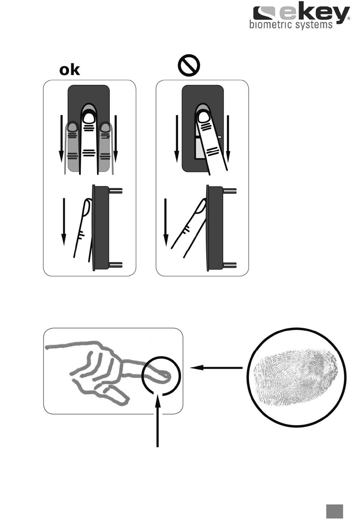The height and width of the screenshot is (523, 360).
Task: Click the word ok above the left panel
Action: (x=69, y=70)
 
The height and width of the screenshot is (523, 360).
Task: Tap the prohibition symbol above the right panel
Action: (x=189, y=66)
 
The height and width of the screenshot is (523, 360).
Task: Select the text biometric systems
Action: (x=291, y=25)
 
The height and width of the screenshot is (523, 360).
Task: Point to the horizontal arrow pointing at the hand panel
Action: (x=216, y=368)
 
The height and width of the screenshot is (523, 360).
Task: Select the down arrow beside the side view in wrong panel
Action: (x=166, y=222)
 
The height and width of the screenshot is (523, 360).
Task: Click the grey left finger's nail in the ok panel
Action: (x=73, y=127)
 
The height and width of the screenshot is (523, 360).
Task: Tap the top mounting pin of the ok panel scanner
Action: (x=116, y=190)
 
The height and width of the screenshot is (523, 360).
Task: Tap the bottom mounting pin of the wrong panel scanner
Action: (x=230, y=265)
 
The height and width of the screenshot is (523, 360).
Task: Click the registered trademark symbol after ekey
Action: (x=349, y=18)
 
